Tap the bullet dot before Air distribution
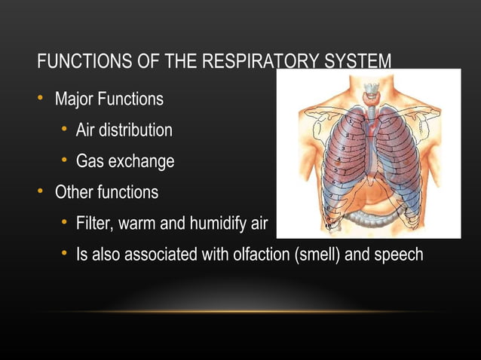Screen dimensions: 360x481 coord(65,130)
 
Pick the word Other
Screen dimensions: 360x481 coord(74,192)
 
